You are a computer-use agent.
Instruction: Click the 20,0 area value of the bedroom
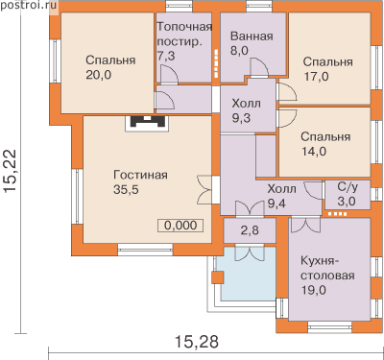tap(99, 75)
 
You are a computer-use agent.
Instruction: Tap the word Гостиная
tap(140, 175)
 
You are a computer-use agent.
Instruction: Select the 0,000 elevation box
tap(180, 226)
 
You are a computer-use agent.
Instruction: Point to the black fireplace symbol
tap(146, 122)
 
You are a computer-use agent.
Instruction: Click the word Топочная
tap(184, 27)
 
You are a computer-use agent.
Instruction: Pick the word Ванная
tap(252, 36)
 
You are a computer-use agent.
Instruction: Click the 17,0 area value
tap(316, 77)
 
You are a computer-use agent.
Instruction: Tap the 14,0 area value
tap(314, 152)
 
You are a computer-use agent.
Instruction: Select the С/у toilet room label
tap(348, 187)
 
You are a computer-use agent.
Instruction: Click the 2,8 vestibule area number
tap(250, 230)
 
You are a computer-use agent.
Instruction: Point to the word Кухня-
tap(320, 261)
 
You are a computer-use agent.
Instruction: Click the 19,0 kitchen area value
tap(314, 290)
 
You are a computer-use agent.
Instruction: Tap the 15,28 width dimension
tap(197, 341)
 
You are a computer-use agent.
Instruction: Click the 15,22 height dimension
tap(11, 172)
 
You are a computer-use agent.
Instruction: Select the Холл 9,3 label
tap(246, 110)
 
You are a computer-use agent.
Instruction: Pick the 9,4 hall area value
tap(276, 204)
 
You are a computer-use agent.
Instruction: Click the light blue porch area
tap(249, 274)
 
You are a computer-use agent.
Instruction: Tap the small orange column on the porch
tap(218, 277)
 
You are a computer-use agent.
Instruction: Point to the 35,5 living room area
tap(126, 189)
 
